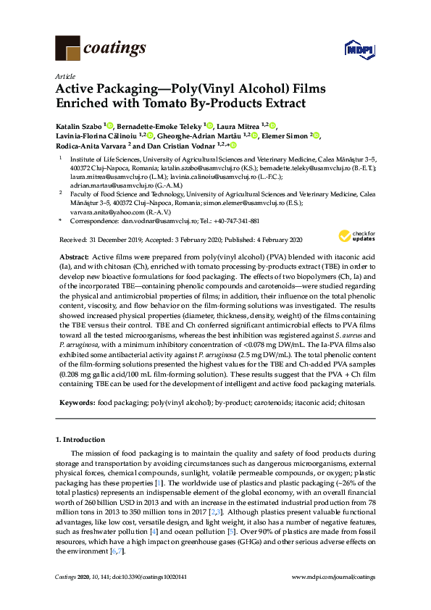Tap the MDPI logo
pyautogui.click(x=358, y=49)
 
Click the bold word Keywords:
pyautogui.click(x=75, y=401)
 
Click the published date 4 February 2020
pyautogui.click(x=270, y=240)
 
